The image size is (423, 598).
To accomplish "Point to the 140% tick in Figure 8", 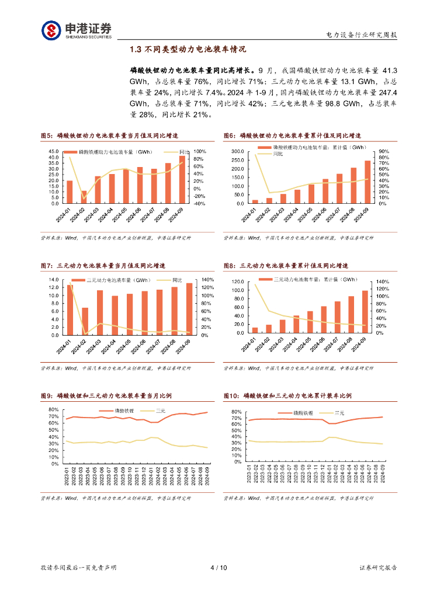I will click(x=382, y=281).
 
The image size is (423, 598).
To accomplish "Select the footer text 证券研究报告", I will click(x=378, y=567).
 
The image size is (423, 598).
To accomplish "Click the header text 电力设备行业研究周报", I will click(x=362, y=35).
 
